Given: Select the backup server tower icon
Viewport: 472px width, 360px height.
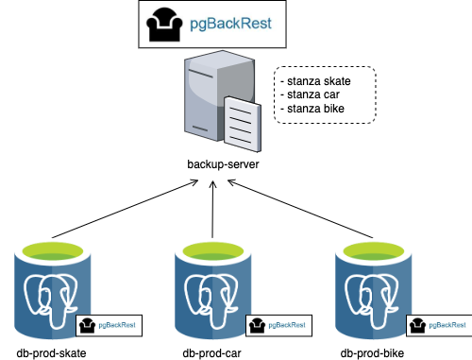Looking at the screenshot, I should click(x=210, y=100).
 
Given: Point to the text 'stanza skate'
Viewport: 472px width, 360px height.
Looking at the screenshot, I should click(x=315, y=81).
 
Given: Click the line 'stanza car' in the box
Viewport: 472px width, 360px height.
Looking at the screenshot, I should click(x=312, y=95).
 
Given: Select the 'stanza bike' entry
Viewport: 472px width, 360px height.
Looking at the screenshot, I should click(x=313, y=109).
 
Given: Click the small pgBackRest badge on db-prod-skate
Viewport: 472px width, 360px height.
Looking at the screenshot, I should click(x=109, y=325).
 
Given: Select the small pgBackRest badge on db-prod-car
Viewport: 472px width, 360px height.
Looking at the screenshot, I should click(x=278, y=325).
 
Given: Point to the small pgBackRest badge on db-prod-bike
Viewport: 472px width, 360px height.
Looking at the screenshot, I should click(x=438, y=325).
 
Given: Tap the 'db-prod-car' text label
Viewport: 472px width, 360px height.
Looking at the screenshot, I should click(x=213, y=351).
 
